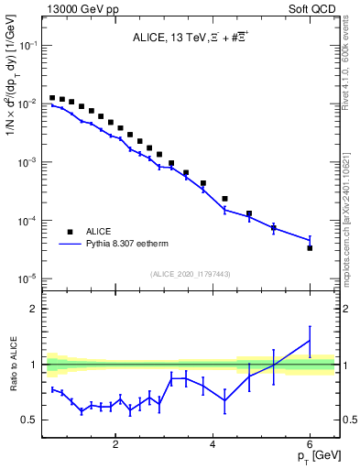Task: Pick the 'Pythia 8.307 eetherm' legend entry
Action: (x=110, y=245)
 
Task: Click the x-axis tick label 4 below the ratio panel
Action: (x=213, y=446)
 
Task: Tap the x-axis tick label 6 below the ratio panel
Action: (x=310, y=446)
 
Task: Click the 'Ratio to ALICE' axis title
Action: (x=13, y=365)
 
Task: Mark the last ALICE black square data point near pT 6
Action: (x=310, y=247)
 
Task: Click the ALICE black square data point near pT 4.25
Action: (x=224, y=198)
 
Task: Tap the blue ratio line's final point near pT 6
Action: (x=310, y=341)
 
